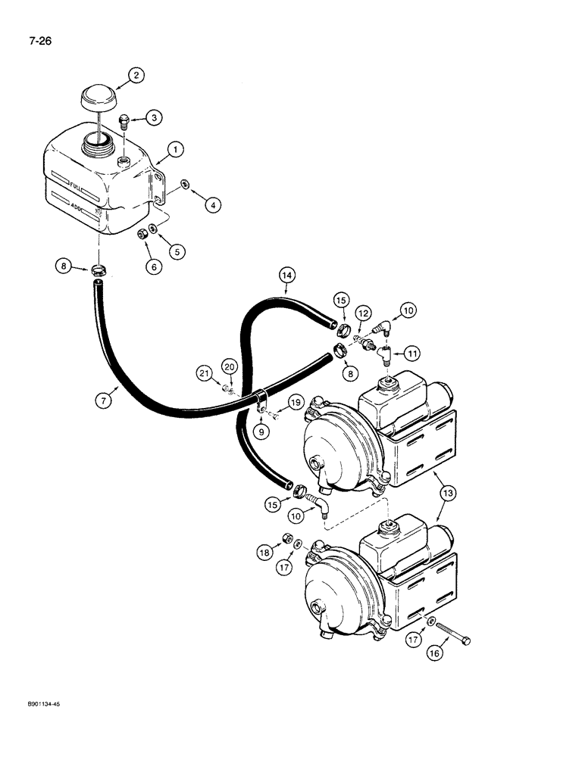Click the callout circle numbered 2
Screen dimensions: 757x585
pyautogui.click(x=136, y=75)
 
